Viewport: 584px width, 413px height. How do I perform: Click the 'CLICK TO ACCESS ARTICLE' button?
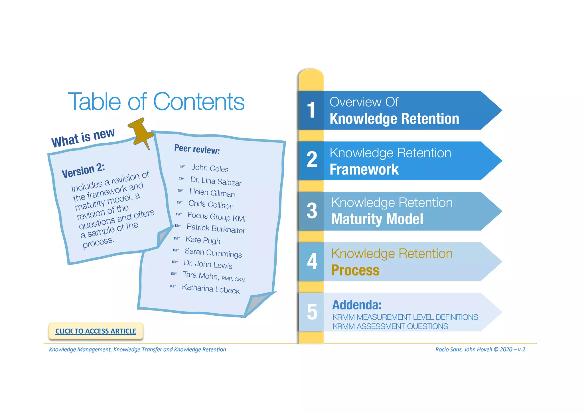point(96,331)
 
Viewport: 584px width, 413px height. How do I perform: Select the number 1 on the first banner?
point(311,110)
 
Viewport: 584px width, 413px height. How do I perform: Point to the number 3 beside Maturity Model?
point(312,211)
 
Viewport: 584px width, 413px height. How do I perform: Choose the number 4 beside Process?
point(312,261)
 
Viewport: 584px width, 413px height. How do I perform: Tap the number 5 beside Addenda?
point(312,312)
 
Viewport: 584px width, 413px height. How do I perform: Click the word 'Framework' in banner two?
point(364,170)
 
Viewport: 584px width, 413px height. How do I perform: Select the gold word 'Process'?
point(355,270)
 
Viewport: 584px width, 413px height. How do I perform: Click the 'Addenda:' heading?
point(357,305)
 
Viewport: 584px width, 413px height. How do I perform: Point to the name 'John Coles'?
point(210,168)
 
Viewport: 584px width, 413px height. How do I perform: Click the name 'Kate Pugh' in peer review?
point(203,240)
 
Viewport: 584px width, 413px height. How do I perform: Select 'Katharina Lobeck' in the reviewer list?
point(211,289)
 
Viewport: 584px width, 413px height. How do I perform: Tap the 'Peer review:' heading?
point(197,149)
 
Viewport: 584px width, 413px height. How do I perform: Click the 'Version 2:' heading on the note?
point(83,171)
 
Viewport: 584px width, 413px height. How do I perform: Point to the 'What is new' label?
point(83,137)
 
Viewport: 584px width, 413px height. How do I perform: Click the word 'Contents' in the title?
point(199,102)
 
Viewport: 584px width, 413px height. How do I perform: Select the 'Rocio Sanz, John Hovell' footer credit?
point(463,350)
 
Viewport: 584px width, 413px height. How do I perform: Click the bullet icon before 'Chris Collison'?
point(179,202)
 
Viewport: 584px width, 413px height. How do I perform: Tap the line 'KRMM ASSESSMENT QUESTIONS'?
point(390,326)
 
